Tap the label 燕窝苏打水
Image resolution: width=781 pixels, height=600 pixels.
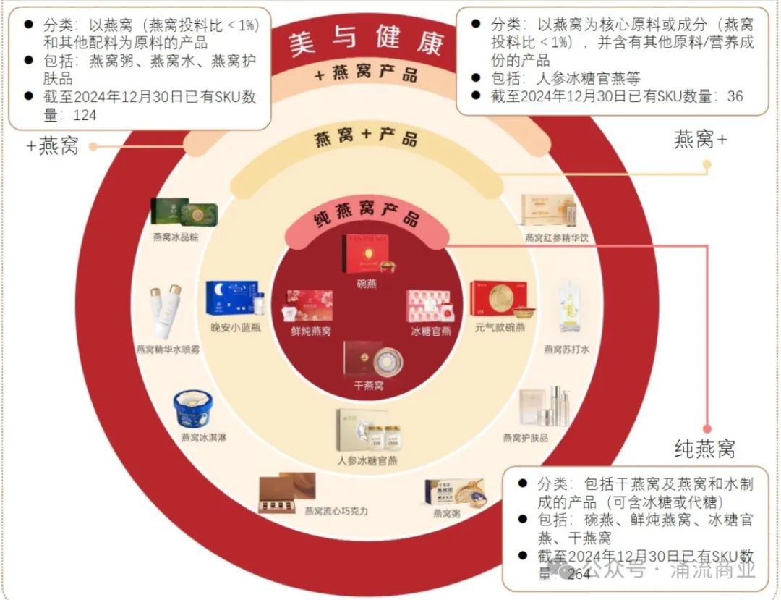click(x=566, y=350)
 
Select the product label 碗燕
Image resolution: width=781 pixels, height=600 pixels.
click(x=367, y=284)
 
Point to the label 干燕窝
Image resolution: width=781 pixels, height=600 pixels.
click(x=368, y=386)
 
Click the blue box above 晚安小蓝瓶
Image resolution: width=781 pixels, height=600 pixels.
click(x=231, y=299)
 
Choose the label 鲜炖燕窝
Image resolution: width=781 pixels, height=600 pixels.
click(x=311, y=331)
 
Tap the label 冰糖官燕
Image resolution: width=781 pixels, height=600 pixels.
click(x=431, y=331)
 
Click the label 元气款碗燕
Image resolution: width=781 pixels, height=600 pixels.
click(x=500, y=327)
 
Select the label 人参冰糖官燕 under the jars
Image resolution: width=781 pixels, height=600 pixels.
click(x=367, y=460)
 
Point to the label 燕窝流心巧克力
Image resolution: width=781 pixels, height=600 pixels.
click(x=336, y=511)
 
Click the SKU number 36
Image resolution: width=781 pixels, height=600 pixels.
click(x=735, y=96)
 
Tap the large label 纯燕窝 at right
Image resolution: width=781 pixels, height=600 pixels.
click(x=704, y=449)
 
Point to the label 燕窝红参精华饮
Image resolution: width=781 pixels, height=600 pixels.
click(x=557, y=237)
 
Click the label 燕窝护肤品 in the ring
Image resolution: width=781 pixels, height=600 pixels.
click(x=526, y=438)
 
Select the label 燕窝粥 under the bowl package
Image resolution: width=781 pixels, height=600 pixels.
click(x=447, y=514)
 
